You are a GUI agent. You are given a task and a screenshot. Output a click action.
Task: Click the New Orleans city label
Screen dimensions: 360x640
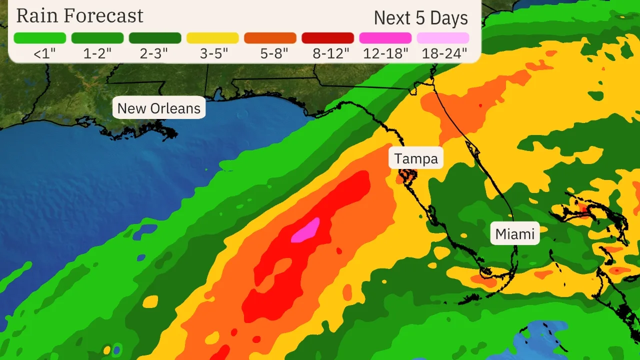(x=158, y=108)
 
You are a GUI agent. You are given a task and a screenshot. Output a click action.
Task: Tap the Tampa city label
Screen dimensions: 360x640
(x=416, y=158)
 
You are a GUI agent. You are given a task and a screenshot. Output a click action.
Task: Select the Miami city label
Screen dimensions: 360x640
(x=515, y=233)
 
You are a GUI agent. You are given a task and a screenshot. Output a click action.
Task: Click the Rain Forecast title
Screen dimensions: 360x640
(x=79, y=16)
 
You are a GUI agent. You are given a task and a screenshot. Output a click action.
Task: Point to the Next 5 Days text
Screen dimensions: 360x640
(x=421, y=18)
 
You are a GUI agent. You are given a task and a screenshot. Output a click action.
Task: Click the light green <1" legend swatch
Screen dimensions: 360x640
(x=40, y=38)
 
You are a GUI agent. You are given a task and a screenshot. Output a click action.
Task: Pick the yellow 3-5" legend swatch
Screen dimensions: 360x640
(x=212, y=38)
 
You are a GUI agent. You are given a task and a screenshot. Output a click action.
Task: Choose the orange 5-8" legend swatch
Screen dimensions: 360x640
(x=270, y=38)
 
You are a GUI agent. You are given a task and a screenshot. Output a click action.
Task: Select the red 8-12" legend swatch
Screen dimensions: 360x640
(x=327, y=38)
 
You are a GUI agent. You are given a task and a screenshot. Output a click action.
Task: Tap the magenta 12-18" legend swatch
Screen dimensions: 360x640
(x=385, y=38)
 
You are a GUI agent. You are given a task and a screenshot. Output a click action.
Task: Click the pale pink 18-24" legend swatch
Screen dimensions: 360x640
(x=443, y=38)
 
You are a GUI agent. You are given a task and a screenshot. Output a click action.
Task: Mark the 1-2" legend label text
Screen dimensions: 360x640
(x=97, y=53)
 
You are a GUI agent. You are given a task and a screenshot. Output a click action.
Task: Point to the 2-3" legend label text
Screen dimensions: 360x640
(x=155, y=53)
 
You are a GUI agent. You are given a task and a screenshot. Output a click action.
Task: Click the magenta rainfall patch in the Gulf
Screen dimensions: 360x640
(x=306, y=230)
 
